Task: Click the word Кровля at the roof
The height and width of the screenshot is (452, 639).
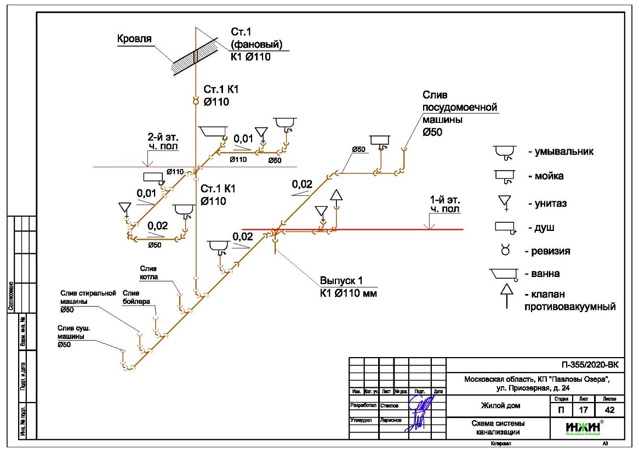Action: click(134, 39)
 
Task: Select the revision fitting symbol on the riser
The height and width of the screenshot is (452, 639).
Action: click(195, 100)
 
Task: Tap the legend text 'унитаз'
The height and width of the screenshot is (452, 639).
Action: click(548, 204)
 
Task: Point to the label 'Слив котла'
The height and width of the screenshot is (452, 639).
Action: click(149, 273)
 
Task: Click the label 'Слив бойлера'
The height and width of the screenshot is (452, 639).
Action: click(136, 297)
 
